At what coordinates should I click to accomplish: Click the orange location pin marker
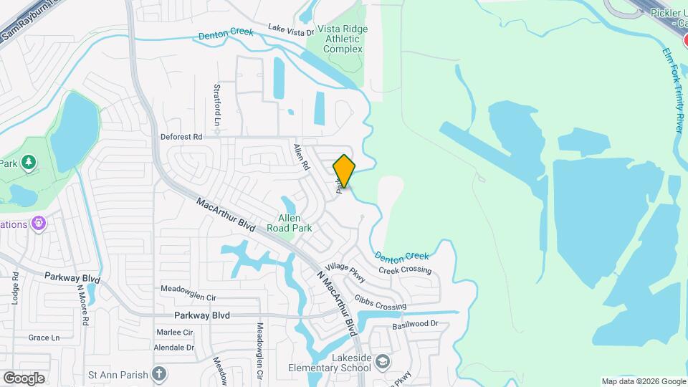344,171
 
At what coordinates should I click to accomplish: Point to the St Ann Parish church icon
158,374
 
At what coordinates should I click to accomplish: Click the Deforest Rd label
181,136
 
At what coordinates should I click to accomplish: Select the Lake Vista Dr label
291,29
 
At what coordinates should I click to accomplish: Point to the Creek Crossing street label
405,270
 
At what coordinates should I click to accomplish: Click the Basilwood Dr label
414,325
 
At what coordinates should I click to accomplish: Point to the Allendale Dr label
174,348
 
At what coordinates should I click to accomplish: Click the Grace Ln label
44,338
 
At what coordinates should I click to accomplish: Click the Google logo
24,378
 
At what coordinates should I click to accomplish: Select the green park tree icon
29,163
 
